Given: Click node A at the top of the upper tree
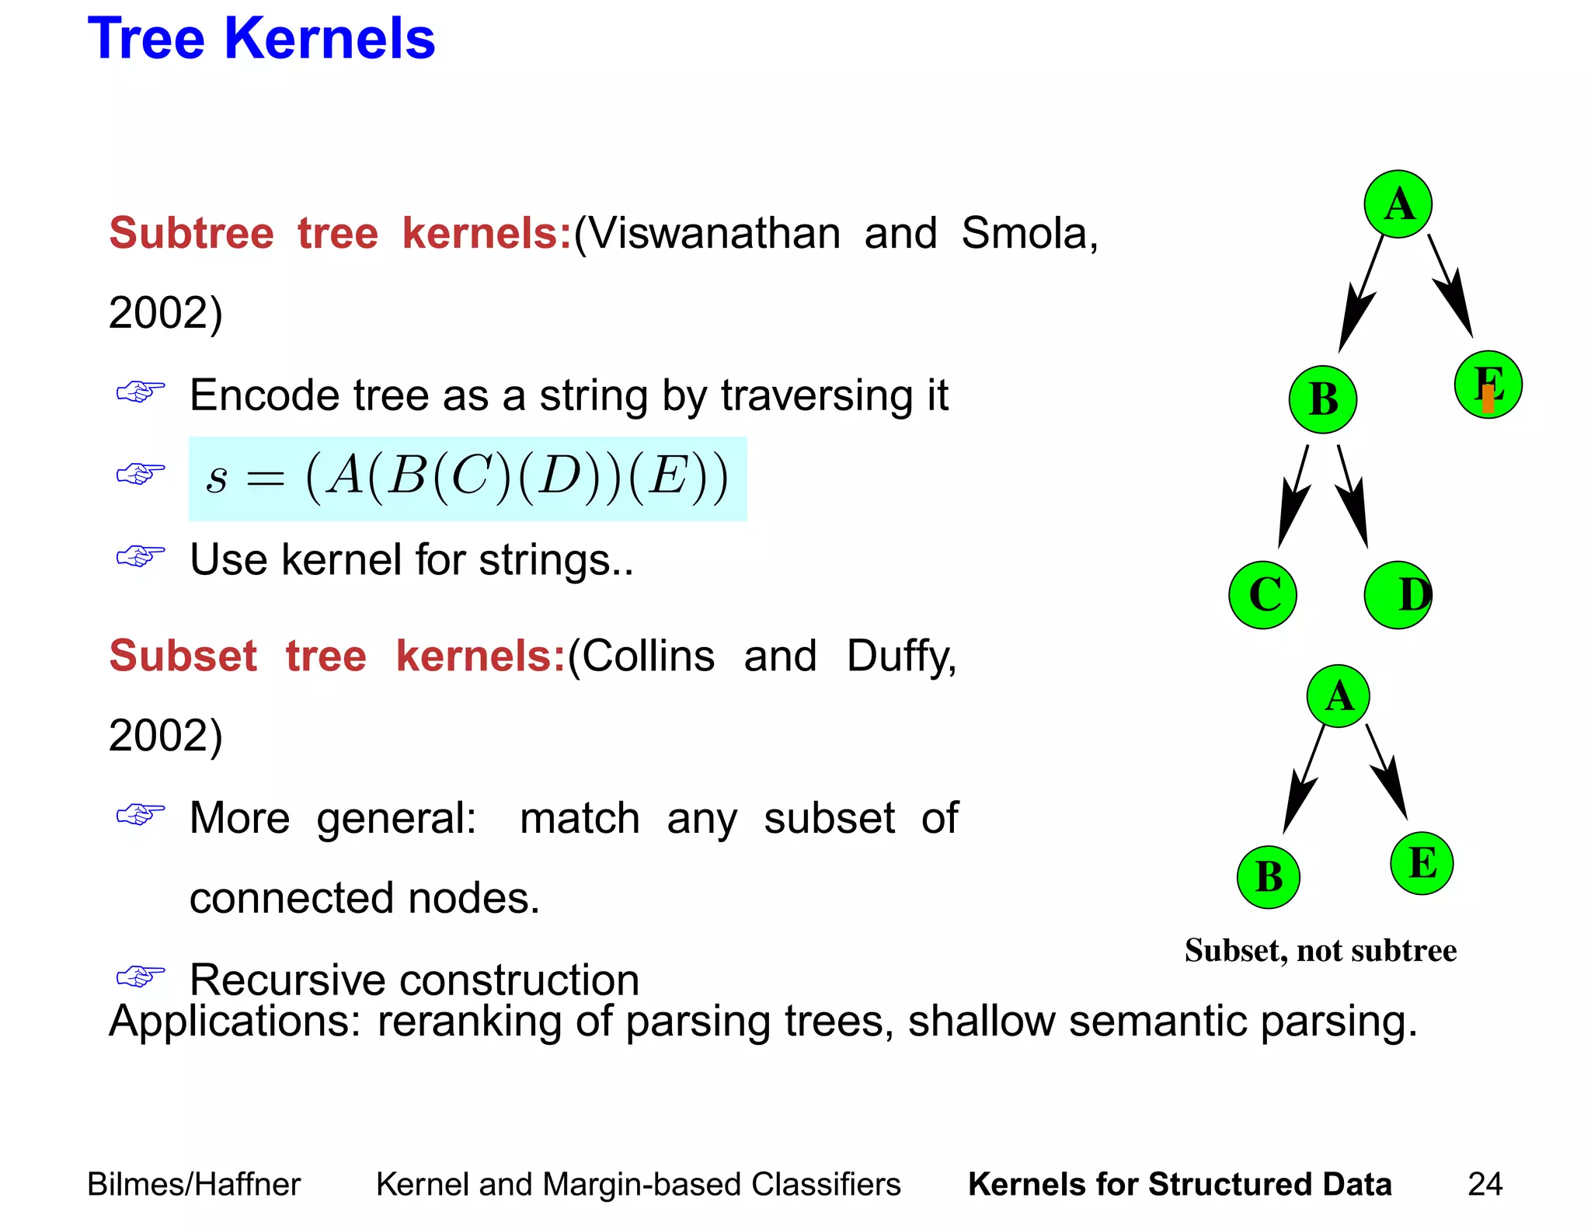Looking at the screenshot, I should pyautogui.click(x=1398, y=204).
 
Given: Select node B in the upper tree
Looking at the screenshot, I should pyautogui.click(x=1322, y=399).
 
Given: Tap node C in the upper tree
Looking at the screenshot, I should pyautogui.click(x=1263, y=595).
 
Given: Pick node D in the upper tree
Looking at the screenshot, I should pyautogui.click(x=1398, y=595).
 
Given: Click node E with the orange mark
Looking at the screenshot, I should pyautogui.click(x=1488, y=385).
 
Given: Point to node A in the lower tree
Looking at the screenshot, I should pyautogui.click(x=1338, y=696).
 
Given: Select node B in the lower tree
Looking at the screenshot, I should pyautogui.click(x=1268, y=877).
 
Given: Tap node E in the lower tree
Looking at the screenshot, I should pyautogui.click(x=1421, y=863).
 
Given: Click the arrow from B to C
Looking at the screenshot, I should pyautogui.click(x=1293, y=497).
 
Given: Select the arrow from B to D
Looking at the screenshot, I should pyautogui.click(x=1353, y=497).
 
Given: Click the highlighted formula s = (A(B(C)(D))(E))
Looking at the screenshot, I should pyautogui.click(x=467, y=479).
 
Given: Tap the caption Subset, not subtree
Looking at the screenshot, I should pyautogui.click(x=1320, y=951).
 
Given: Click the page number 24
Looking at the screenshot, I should pyautogui.click(x=1485, y=1185).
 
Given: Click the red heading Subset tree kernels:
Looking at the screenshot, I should pyautogui.click(x=337, y=656).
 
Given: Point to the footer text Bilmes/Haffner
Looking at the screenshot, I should pyautogui.click(x=193, y=1185).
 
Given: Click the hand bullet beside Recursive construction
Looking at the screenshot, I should pyautogui.click(x=141, y=977).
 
